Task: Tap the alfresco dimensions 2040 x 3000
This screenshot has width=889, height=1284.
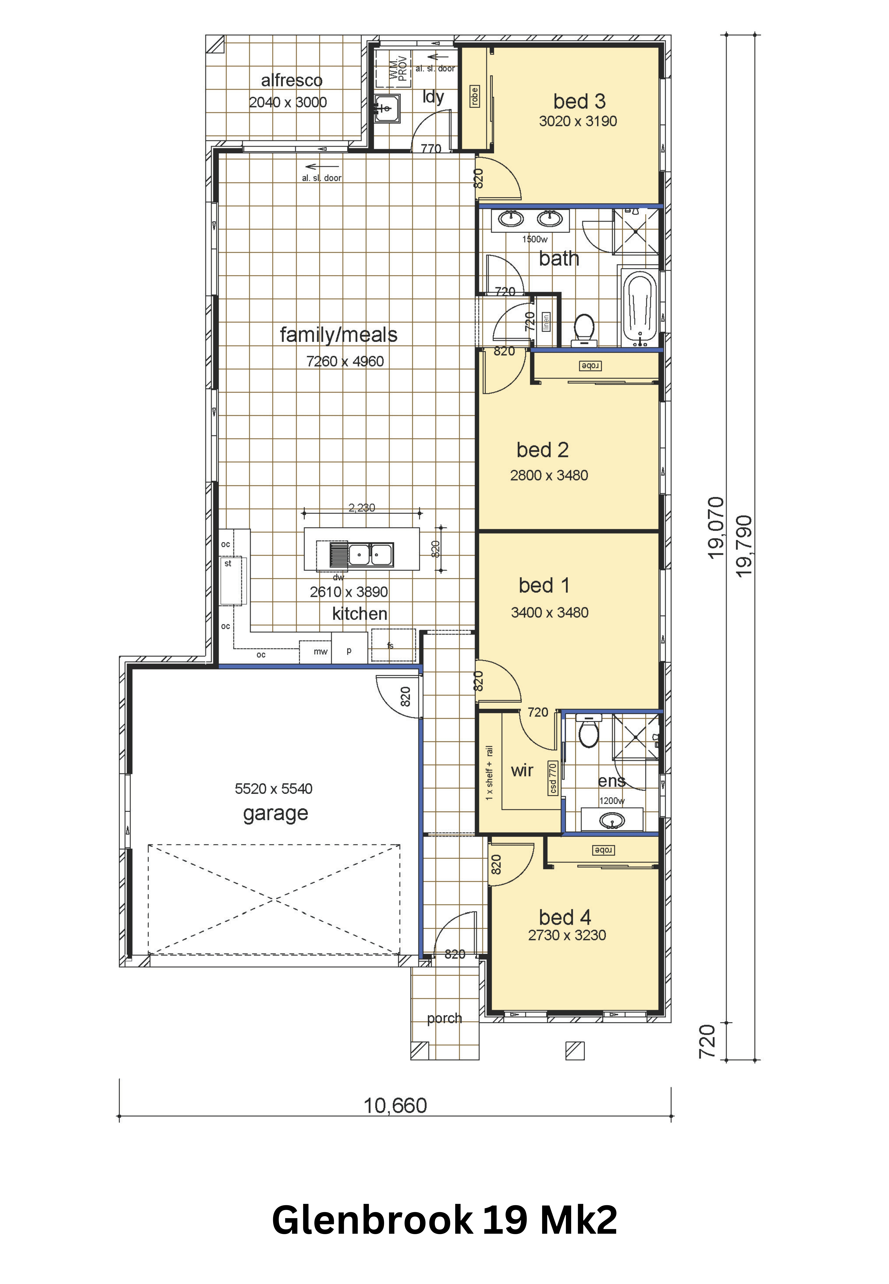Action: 288,103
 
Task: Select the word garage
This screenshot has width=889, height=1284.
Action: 275,814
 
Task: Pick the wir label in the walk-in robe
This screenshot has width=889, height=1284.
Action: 522,770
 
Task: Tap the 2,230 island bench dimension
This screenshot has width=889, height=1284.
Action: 362,507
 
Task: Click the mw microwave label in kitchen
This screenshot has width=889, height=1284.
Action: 320,651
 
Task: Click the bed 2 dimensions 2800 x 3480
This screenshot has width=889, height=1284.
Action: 549,475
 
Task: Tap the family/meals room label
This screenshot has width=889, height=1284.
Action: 339,335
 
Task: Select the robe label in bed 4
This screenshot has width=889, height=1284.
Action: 603,851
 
